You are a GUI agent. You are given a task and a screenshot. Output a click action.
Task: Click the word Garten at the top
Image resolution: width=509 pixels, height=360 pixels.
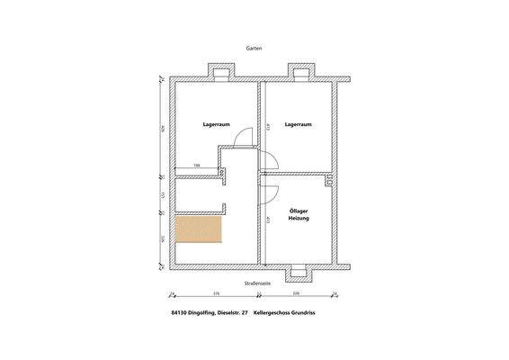254,51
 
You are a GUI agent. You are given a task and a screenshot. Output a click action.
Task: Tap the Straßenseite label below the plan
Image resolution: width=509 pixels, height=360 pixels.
255,283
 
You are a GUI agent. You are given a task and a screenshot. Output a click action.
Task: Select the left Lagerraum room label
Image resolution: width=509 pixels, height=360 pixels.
214,125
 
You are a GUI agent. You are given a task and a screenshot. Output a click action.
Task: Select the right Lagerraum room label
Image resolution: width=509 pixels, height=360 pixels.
298,125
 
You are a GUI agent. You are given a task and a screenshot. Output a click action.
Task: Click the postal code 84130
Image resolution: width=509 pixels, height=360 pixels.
179,313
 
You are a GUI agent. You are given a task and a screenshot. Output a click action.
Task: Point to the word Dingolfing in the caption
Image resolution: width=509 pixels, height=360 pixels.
204,313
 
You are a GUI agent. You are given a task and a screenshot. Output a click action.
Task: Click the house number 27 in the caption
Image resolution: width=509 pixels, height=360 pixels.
245,313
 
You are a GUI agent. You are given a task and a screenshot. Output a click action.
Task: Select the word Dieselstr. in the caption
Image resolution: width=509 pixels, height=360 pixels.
230,313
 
